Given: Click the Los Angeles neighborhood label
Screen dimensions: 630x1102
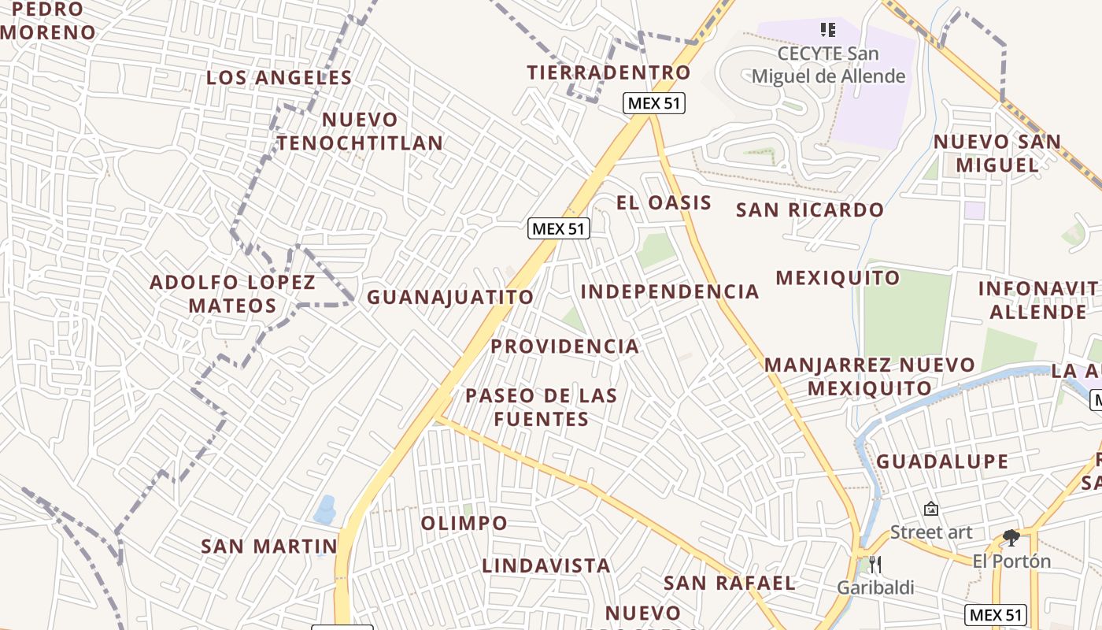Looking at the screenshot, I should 279,78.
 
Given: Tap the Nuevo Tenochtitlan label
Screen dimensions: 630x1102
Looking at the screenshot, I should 360,132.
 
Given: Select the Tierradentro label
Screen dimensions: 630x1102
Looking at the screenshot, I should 608,72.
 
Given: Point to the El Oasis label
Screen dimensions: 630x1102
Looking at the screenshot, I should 664,202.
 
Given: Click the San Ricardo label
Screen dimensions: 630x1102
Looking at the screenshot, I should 810,210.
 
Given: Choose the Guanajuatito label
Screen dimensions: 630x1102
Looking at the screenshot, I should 450,298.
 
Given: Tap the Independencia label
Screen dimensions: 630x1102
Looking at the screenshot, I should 670,292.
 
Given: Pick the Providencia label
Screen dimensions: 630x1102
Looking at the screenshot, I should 564,346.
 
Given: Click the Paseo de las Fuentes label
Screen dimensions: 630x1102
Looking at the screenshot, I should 542,406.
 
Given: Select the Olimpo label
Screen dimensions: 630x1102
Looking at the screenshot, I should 464,524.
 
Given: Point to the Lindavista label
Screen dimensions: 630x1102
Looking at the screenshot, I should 546,566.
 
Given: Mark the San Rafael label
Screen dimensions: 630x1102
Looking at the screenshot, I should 730,584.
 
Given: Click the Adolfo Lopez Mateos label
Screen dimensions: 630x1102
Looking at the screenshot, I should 232,294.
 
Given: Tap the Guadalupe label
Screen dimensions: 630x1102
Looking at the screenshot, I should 942,461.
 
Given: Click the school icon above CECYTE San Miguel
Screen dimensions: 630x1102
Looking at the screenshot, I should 827,30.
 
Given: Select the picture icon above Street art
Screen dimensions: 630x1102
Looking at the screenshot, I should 931,510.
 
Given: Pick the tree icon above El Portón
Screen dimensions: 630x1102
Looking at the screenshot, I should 1011,538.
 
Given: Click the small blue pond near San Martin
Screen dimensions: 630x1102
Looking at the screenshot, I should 325,510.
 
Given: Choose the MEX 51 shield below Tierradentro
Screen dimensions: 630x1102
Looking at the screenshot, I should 654,103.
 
